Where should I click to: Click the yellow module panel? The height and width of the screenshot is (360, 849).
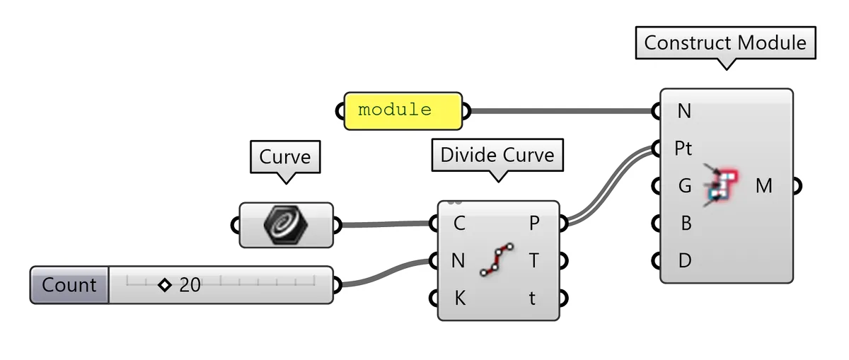coord(403,110)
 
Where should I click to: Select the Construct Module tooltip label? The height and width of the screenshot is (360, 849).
coord(725,43)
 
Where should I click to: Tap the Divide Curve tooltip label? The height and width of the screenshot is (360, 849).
coord(497,155)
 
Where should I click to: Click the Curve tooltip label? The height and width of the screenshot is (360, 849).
coord(285,156)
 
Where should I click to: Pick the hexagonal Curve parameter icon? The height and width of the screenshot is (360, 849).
coord(286,225)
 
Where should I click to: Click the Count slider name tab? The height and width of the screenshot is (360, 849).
coord(69,285)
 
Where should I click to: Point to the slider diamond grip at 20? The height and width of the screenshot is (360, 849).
coord(165,285)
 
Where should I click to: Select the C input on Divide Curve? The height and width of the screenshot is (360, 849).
coord(459,224)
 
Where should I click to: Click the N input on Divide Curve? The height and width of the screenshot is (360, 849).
coord(458,261)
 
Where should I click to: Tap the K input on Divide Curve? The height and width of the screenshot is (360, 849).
coord(459,298)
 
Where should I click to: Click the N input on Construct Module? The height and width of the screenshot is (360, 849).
coord(684,111)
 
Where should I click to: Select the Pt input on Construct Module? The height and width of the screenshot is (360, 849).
coord(683,149)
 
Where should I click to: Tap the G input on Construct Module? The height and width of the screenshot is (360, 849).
coord(684,186)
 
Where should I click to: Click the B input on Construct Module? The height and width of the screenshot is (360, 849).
coord(685,223)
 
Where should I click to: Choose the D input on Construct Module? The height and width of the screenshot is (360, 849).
coord(684,261)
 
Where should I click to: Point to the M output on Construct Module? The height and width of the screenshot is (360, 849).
coord(764,186)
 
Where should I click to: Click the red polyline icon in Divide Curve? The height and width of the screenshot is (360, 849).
coord(497,260)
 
